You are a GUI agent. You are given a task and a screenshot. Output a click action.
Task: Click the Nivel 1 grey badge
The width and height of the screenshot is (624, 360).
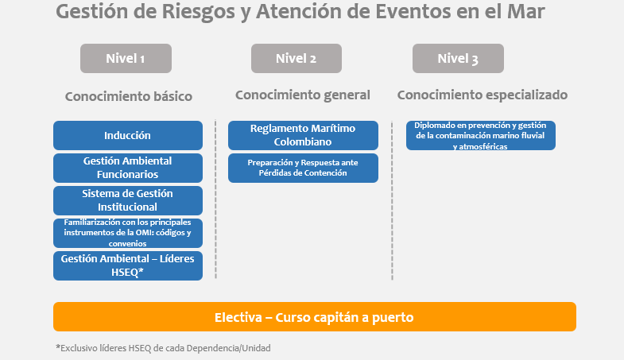126,58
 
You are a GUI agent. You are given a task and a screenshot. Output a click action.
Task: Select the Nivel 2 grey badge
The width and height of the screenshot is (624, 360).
296,58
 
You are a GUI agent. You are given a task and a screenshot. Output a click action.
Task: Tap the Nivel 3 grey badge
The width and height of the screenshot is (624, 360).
457,58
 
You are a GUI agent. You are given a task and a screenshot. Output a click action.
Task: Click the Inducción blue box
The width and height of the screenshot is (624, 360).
127,135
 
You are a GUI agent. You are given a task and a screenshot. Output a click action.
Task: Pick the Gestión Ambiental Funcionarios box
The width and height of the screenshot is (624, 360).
127,168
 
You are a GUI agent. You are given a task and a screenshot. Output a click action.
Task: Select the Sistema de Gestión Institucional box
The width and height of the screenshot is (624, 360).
127,200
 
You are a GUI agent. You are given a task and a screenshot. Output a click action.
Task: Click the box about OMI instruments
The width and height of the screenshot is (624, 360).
127,233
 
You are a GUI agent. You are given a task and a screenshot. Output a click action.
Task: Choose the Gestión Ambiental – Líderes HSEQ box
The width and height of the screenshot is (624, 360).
127,265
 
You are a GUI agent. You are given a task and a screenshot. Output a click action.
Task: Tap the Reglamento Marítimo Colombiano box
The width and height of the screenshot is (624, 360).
303,135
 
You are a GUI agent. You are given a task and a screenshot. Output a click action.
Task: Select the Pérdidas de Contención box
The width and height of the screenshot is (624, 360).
303,168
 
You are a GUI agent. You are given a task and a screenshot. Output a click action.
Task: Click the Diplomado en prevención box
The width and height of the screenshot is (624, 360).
480,135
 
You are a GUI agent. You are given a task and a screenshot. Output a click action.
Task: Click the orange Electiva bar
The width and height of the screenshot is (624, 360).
314,316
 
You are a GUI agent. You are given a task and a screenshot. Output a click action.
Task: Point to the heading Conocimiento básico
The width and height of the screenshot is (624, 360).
129,97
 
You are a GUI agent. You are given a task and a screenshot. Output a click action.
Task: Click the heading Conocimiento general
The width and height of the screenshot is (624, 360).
303,95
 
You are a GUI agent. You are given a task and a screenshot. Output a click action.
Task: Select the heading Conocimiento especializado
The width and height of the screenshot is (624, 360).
482,95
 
